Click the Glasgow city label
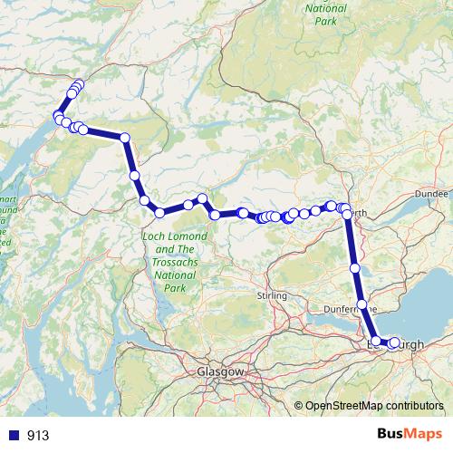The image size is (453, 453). [221, 372]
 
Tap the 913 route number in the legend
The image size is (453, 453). [38, 436]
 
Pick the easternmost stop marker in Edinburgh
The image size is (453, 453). [394, 343]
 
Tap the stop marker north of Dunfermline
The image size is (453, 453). [355, 268]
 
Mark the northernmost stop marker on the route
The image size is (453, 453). [79, 84]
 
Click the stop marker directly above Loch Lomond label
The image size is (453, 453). [159, 212]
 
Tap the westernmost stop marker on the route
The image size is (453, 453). [59, 118]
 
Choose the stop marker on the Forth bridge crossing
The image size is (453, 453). [362, 304]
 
